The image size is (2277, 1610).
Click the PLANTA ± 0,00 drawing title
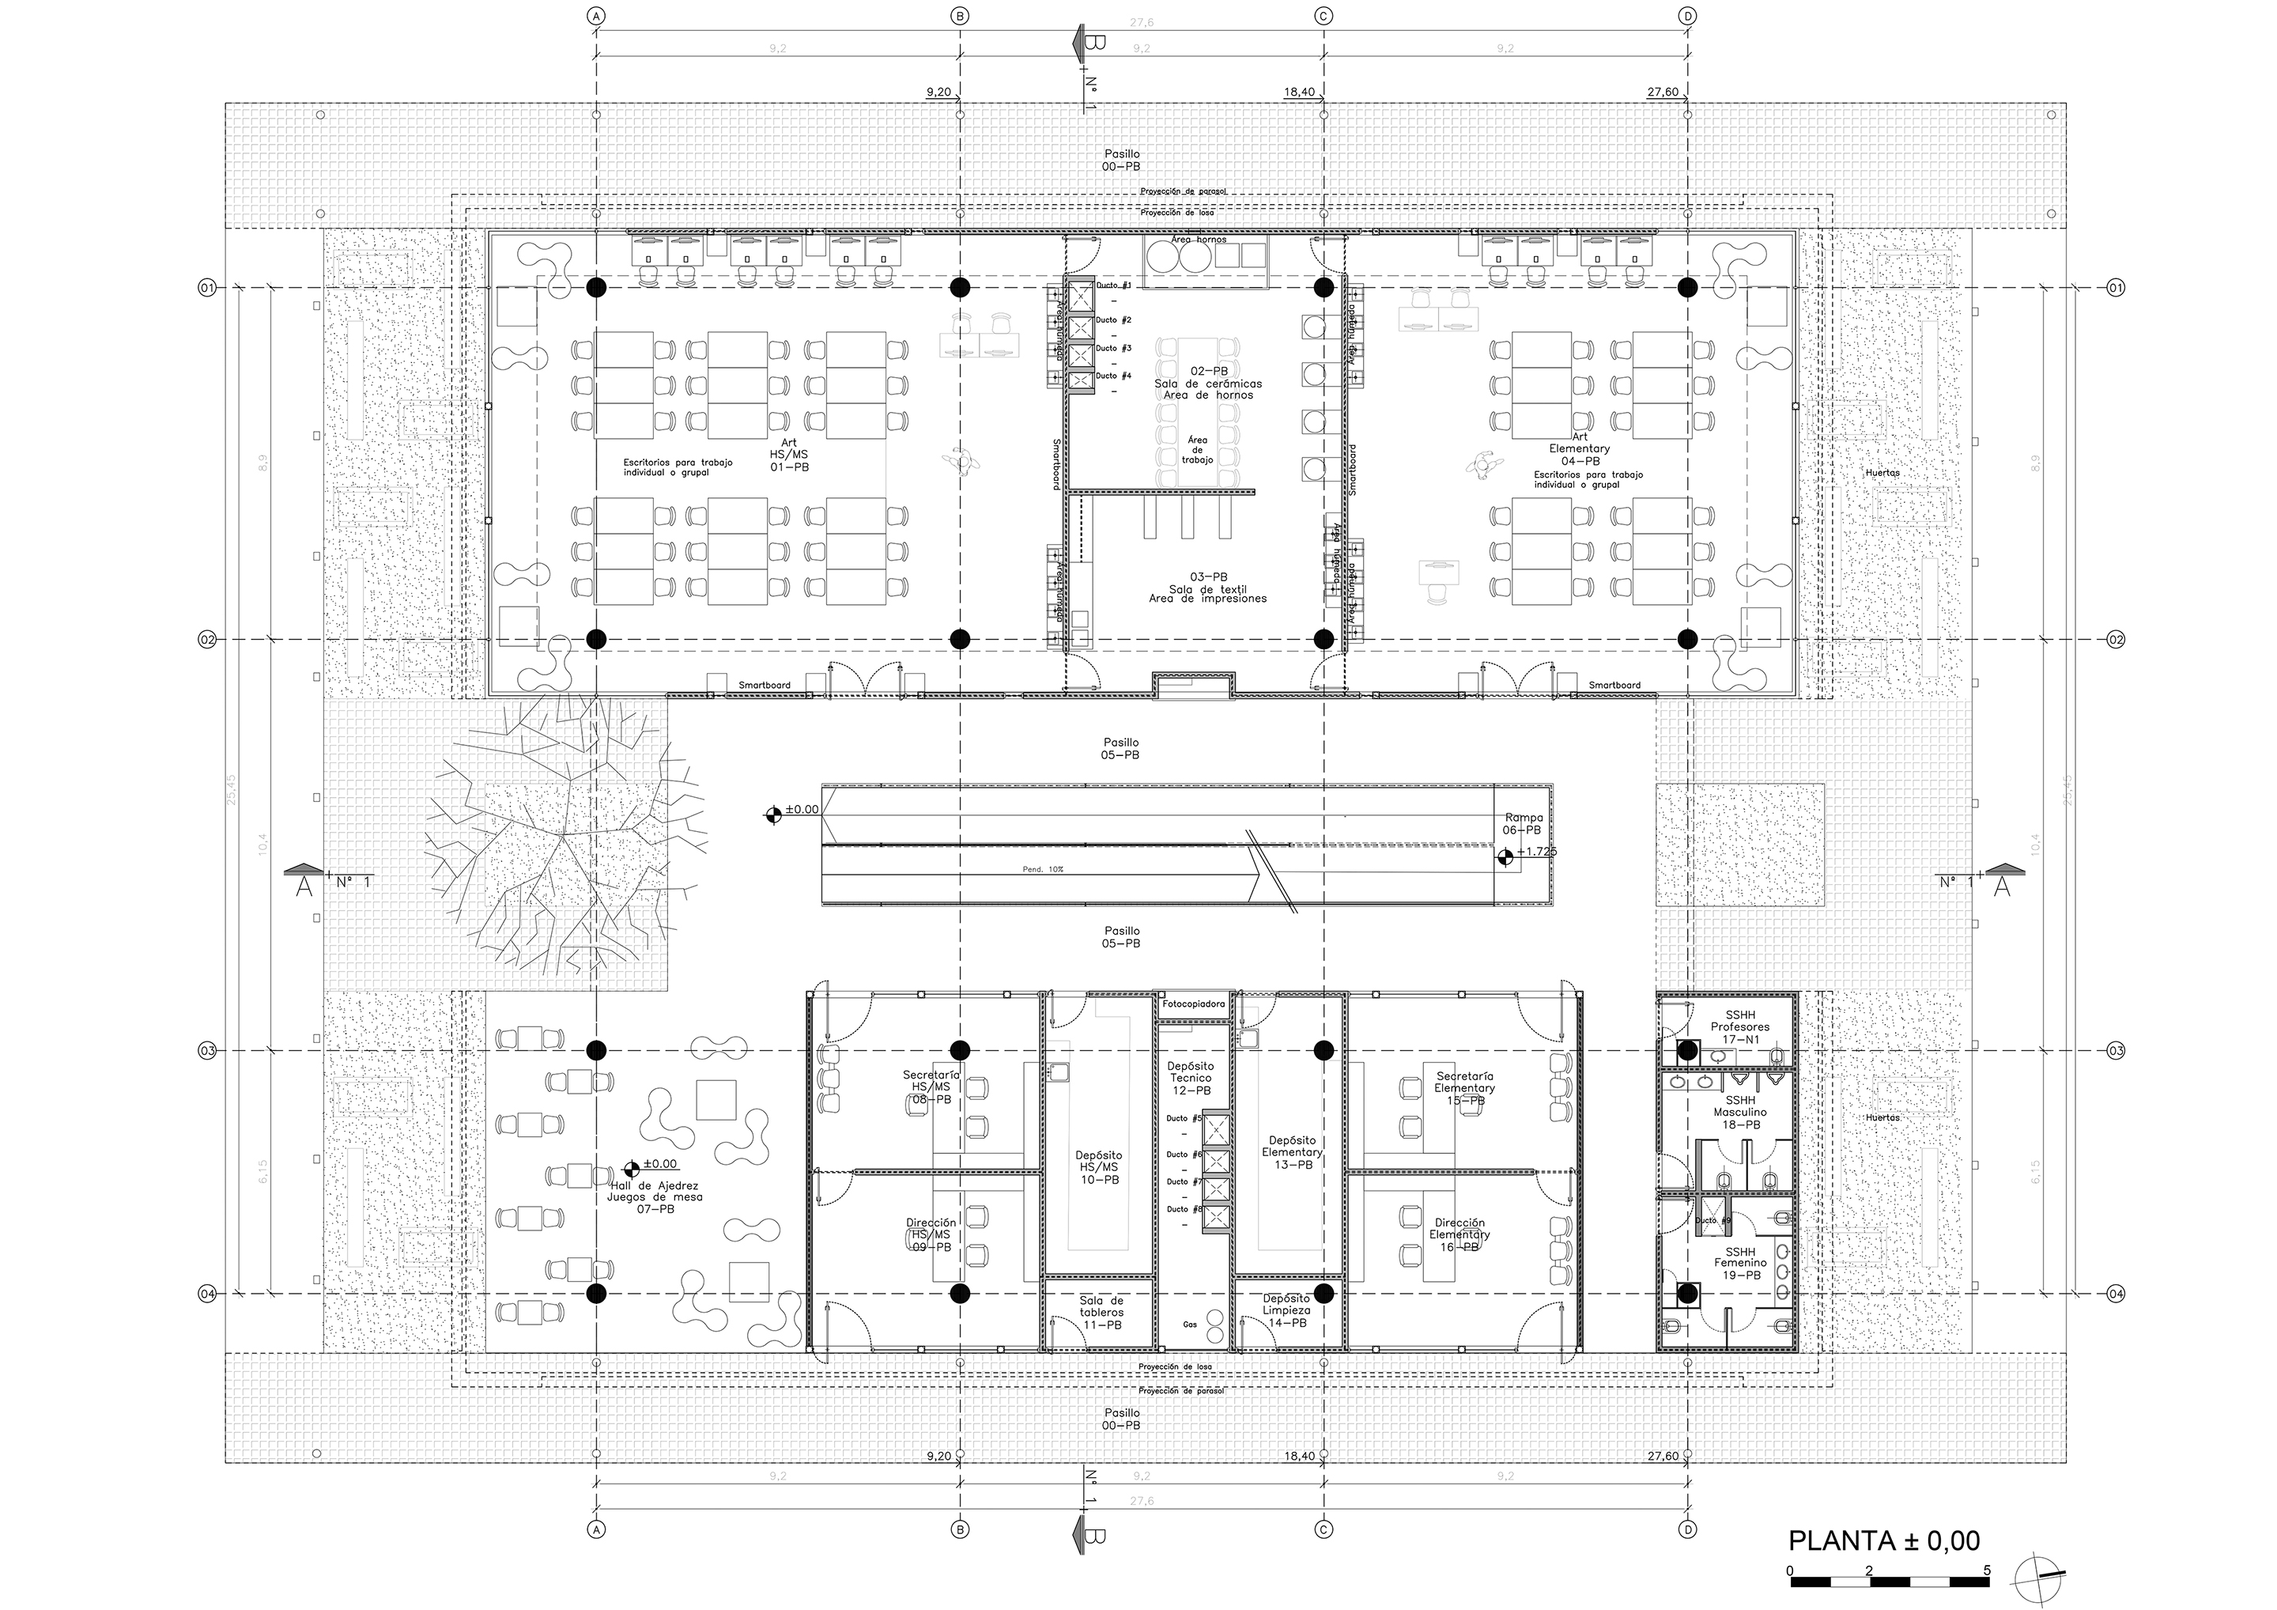click(1883, 1540)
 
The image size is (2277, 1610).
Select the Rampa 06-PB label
click(1521, 823)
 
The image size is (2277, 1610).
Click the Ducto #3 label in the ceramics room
click(1112, 348)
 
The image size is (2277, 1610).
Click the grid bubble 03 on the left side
click(207, 1050)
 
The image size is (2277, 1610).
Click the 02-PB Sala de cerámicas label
click(1209, 382)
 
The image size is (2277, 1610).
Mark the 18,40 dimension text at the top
click(1299, 93)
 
